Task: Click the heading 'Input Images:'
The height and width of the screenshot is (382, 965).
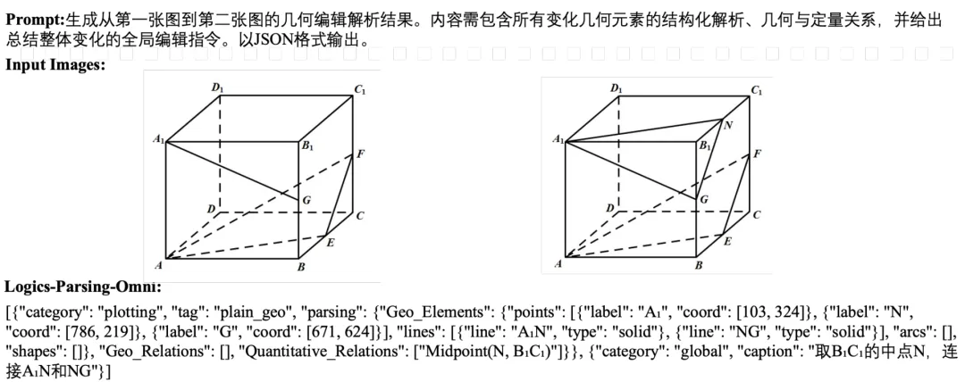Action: pos(55,64)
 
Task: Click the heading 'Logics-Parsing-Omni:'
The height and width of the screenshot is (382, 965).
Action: pos(83,287)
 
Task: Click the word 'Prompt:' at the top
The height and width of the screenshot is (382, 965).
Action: pos(29,21)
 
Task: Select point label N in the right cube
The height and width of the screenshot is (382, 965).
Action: pos(727,124)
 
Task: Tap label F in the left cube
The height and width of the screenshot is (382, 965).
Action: pos(360,154)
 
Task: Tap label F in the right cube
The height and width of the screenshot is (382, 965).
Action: pos(757,154)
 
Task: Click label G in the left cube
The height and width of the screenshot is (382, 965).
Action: pos(306,199)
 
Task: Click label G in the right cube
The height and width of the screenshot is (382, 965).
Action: pos(703,199)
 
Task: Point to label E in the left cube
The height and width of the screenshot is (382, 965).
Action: pos(330,242)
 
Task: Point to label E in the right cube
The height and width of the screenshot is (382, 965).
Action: pos(726,242)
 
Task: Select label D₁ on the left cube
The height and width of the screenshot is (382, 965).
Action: pos(216,87)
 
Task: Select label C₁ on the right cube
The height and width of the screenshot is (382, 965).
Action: pos(756,90)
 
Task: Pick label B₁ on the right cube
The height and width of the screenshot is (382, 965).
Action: pos(705,145)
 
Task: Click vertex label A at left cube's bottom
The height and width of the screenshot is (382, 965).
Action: pos(159,265)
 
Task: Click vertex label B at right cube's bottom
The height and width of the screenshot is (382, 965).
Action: pos(699,265)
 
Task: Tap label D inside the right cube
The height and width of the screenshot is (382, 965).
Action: pos(610,208)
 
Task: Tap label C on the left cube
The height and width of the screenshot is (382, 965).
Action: pos(360,215)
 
